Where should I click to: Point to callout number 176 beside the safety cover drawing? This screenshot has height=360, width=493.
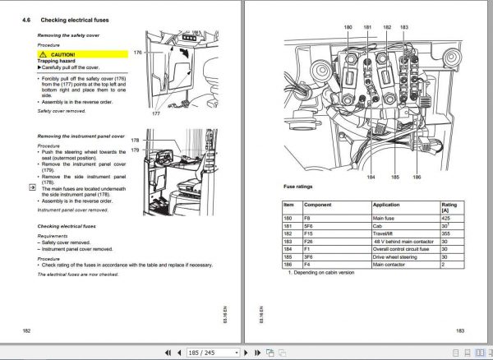point(137,51)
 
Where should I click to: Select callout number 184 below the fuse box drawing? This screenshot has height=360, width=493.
point(371,177)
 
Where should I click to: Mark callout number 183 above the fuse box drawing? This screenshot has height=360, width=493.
point(403,27)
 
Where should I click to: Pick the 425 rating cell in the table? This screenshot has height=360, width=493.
point(446,217)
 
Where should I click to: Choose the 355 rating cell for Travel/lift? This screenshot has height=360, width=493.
point(446,234)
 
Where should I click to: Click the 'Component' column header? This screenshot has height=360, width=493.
point(318,205)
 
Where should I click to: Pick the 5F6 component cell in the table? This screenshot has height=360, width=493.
point(310,225)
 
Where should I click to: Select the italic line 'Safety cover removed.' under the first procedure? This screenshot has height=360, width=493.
point(62,109)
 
